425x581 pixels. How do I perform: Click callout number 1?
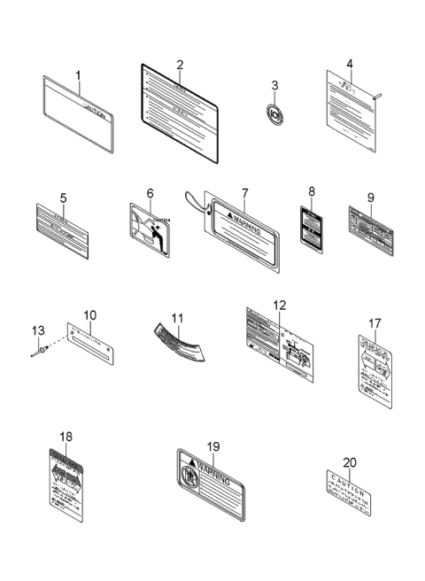78,75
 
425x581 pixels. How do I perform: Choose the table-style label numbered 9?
374,226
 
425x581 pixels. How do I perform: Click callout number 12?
279,305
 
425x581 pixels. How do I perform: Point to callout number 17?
375,323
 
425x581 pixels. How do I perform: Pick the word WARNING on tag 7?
247,215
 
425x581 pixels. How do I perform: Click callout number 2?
180,65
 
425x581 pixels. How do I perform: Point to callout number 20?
350,461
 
